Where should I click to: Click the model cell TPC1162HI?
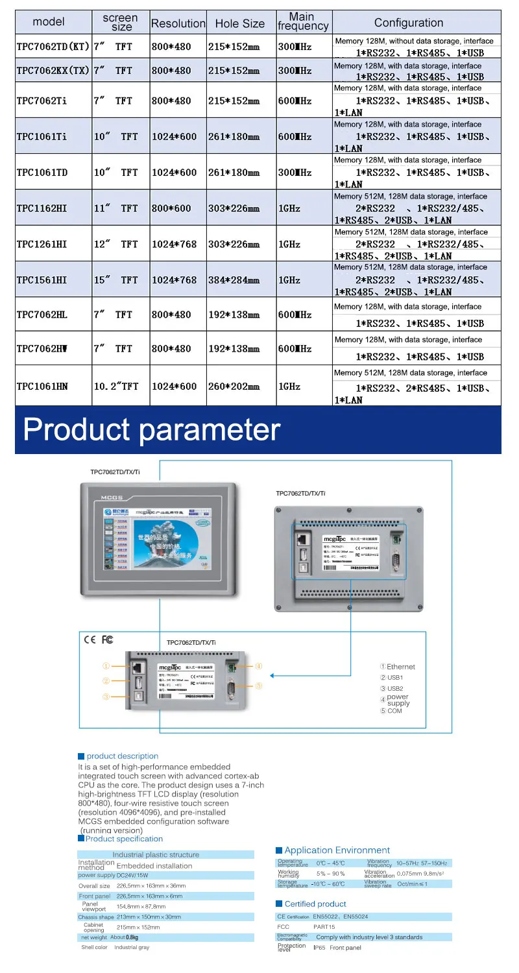pos(42,208)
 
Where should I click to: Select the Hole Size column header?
pos(239,23)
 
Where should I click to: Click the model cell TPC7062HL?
pos(42,315)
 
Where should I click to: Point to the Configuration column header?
pos(409,23)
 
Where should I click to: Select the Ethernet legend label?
pos(400,667)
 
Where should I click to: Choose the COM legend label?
pos(394,711)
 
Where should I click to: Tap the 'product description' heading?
pos(122,756)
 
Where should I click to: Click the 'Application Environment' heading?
pos(337,850)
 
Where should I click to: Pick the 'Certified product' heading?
pos(315,904)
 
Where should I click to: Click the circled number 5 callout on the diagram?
pos(258,686)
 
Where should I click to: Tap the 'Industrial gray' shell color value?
pos(132,948)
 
